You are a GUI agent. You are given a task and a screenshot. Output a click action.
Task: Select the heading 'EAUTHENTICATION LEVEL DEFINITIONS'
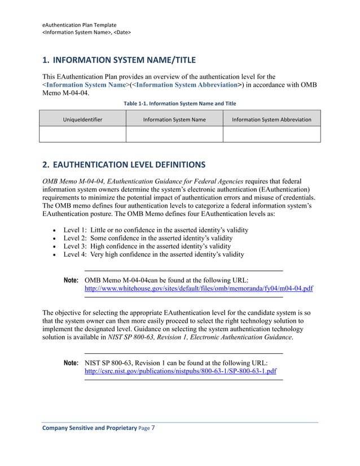(x=125, y=165)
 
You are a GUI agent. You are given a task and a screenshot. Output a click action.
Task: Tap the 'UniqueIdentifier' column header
(x=82, y=120)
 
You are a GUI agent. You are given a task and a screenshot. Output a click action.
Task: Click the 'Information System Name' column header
(x=174, y=120)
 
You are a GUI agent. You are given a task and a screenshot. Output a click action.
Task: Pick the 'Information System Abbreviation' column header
(x=271, y=120)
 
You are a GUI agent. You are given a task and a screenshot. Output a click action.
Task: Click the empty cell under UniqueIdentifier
(x=82, y=134)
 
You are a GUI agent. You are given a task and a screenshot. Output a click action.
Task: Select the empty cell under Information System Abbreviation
(x=271, y=134)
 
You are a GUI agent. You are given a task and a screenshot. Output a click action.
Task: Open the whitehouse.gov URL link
(x=199, y=288)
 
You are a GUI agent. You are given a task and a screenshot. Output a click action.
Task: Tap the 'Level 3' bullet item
(x=147, y=246)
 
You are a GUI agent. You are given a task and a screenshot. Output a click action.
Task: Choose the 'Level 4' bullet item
(x=153, y=254)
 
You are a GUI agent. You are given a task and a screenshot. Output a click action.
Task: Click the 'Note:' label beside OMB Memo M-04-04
(x=71, y=280)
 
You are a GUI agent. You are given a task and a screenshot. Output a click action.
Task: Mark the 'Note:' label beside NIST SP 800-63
(x=71, y=363)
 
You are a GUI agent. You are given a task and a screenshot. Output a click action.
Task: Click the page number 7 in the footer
(x=153, y=428)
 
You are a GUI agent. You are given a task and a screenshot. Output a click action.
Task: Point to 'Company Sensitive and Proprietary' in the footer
(x=89, y=428)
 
